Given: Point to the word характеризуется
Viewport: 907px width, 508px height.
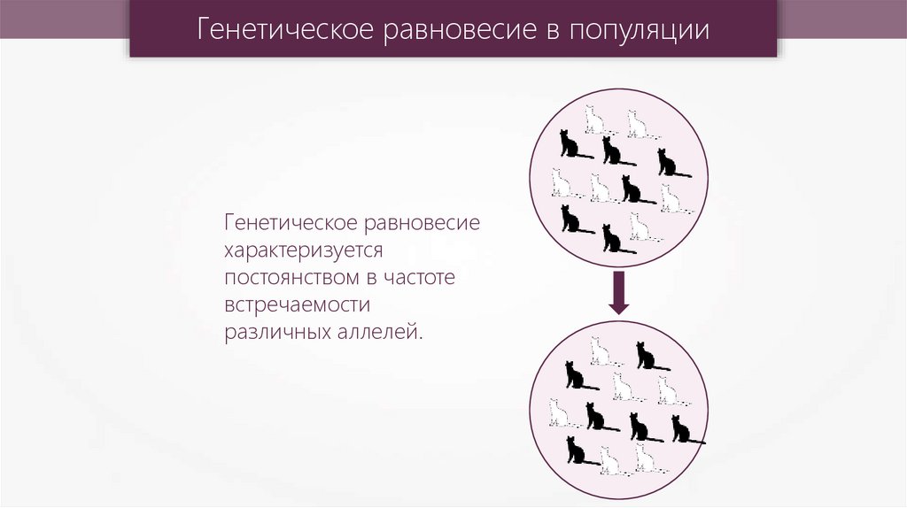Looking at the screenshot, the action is tap(302, 250).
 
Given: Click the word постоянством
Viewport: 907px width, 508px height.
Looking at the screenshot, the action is tap(288, 278).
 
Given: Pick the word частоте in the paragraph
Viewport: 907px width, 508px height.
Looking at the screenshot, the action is tap(419, 278).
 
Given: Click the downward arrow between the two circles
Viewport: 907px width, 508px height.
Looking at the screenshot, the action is tap(618, 293).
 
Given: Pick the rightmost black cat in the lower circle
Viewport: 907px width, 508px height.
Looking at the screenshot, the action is tap(683, 430).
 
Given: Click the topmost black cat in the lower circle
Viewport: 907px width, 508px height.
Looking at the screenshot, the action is tap(647, 356).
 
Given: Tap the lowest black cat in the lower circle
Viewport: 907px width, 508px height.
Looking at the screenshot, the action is tap(577, 450).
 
